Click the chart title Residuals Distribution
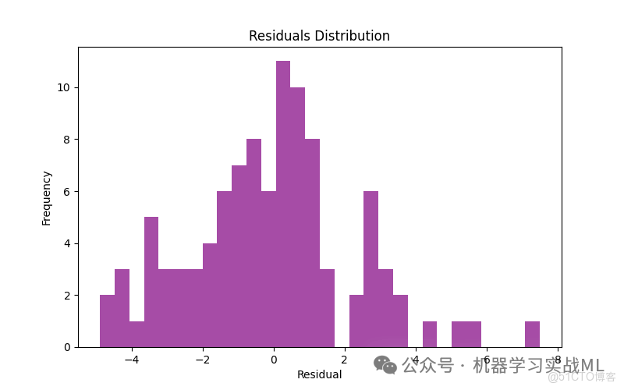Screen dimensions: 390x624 319,36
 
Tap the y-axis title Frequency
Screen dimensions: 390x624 47,198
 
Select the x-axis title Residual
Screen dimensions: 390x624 319,374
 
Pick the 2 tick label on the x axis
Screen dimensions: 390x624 345,360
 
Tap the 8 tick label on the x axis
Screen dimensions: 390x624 558,360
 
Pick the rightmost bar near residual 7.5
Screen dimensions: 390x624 532,335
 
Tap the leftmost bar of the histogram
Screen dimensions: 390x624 107,321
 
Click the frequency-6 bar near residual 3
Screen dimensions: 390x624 370,269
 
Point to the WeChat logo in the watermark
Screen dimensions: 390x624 385,365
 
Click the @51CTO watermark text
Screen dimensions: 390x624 581,378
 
